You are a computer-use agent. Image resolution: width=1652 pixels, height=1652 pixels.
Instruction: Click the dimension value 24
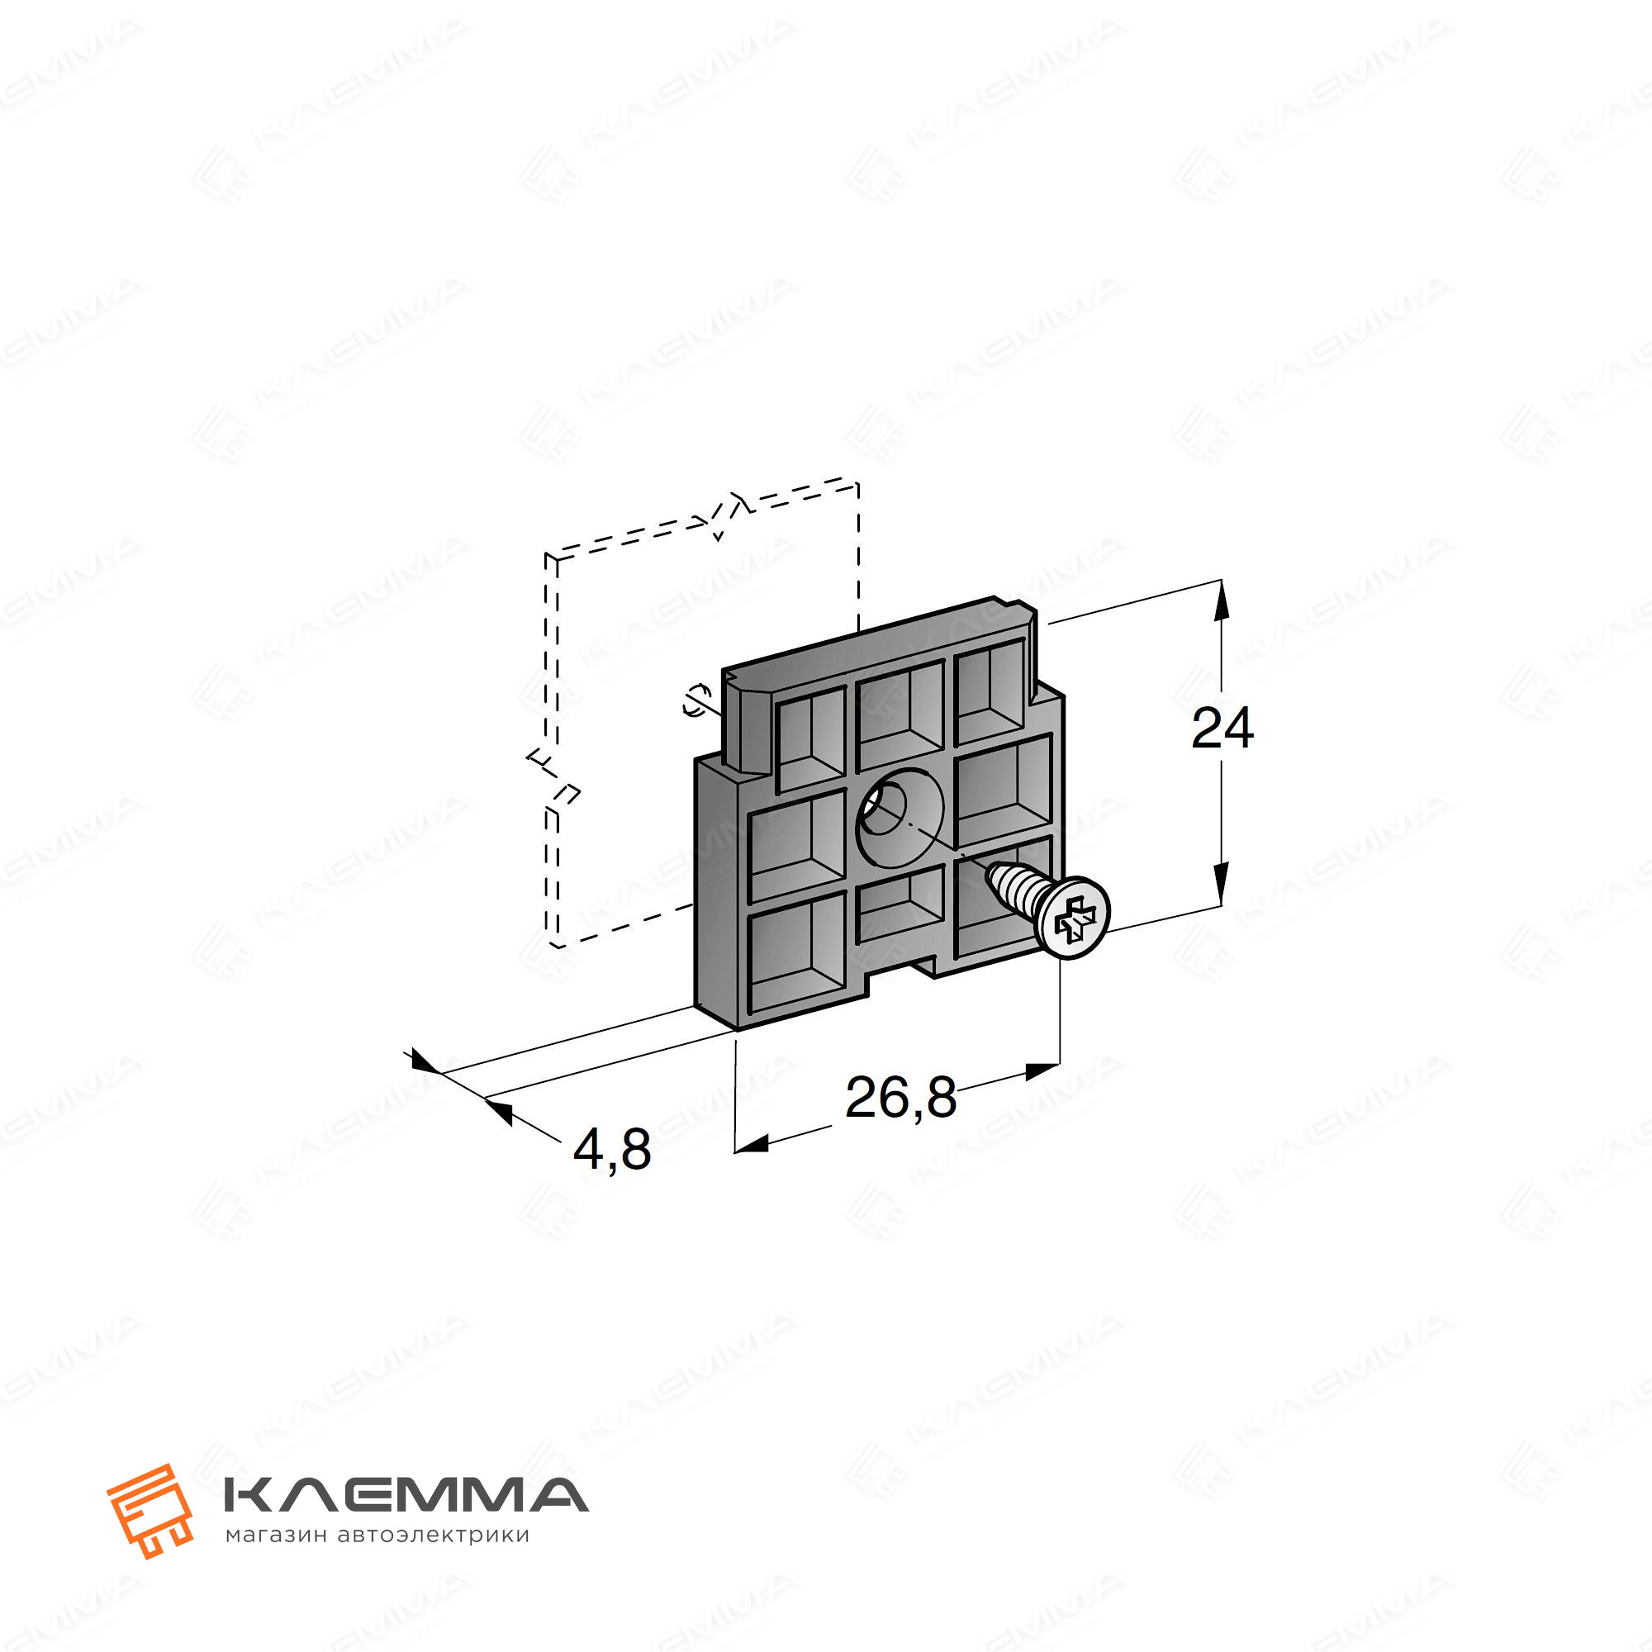(1222, 729)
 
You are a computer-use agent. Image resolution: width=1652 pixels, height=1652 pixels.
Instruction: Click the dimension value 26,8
(900, 1098)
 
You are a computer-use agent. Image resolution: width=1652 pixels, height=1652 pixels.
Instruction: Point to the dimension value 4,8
(612, 1149)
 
